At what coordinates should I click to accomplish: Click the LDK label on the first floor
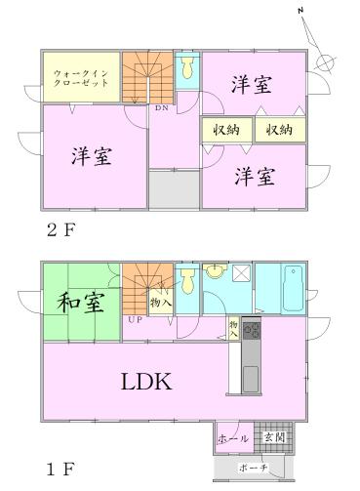pos(146,382)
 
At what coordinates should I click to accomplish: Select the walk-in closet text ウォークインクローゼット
pos(81,77)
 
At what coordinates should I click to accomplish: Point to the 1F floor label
pos(57,468)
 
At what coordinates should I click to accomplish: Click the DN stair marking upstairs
pos(161,107)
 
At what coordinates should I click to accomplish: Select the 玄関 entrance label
pos(274,436)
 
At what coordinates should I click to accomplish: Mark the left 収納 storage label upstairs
pos(224,130)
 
